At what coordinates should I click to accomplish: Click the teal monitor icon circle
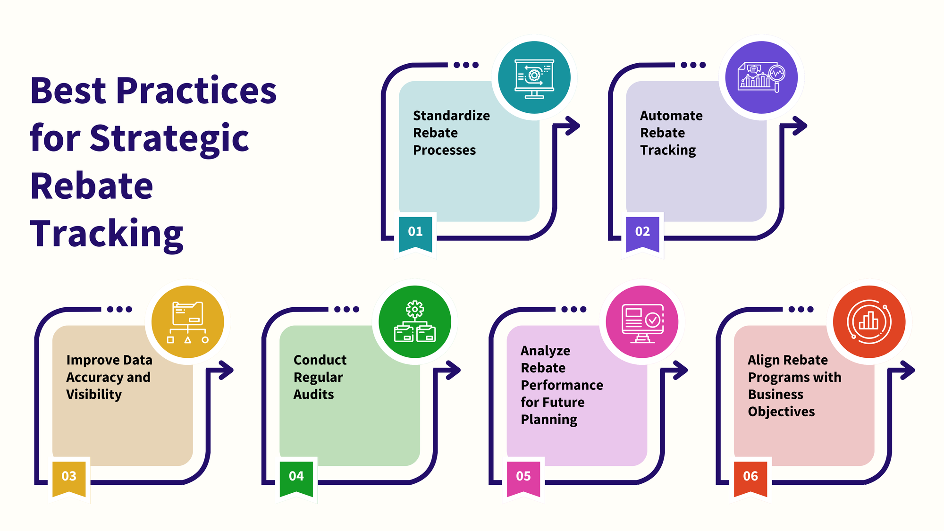tap(534, 77)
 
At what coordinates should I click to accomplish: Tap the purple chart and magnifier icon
tap(761, 77)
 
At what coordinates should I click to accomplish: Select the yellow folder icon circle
tap(188, 322)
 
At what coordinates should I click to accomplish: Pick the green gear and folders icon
tap(415, 322)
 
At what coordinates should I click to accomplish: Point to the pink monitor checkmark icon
tap(642, 322)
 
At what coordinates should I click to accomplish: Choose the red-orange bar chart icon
tap(869, 322)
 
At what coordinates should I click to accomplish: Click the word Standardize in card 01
tap(451, 116)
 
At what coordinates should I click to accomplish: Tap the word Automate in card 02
tap(671, 116)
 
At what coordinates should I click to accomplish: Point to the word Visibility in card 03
tap(94, 395)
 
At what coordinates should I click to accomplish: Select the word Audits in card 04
tap(313, 395)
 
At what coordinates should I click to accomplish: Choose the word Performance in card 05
tap(562, 385)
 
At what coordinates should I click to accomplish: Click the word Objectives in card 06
tap(781, 412)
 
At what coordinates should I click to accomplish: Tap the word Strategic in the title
tap(169, 138)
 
